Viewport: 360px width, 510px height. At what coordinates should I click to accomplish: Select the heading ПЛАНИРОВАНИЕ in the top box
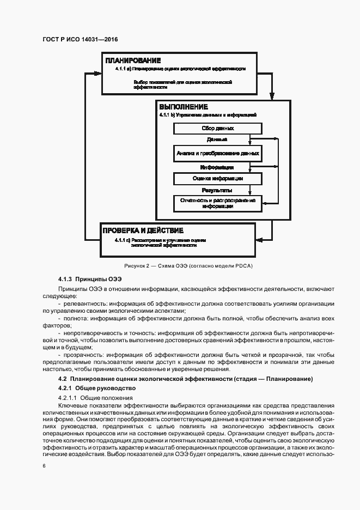[133, 60]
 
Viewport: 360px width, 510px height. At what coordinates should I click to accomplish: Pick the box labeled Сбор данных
[217, 129]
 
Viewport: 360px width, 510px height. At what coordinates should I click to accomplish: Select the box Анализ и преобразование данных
[217, 154]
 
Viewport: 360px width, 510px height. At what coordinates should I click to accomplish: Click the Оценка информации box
[217, 178]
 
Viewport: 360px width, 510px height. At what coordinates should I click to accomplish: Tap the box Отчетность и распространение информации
[217, 204]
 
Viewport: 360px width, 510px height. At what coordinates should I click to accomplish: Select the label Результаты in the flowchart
[217, 191]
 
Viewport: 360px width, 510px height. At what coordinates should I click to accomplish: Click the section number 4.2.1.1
[68, 398]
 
